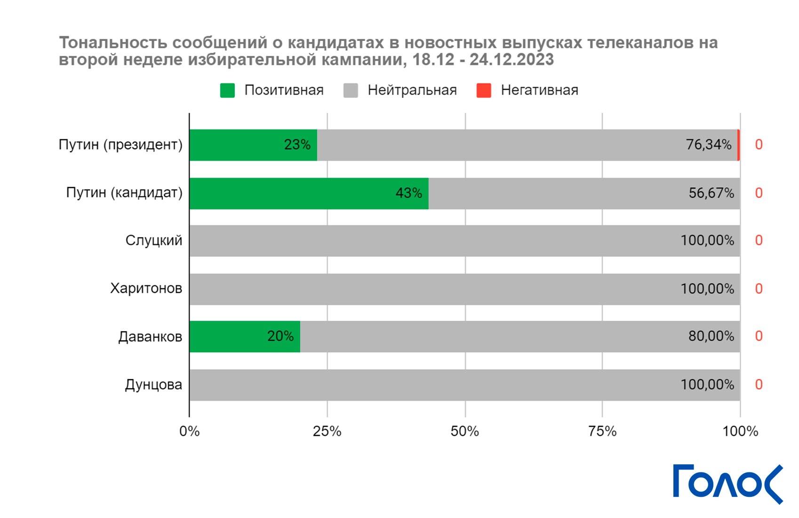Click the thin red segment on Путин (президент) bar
[x=738, y=145]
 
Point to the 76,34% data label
[x=708, y=145]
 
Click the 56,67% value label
[x=711, y=193]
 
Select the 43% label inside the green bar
[x=408, y=193]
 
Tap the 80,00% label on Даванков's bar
[x=711, y=336]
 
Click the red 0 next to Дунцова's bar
[x=759, y=385]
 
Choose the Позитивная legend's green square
[x=227, y=90]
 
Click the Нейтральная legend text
[x=412, y=90]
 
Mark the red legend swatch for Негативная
[x=484, y=90]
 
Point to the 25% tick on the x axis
[x=327, y=431]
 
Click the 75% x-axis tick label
[x=602, y=431]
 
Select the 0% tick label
[x=189, y=431]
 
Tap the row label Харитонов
[x=146, y=288]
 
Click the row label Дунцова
[x=153, y=385]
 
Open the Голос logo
[x=727, y=484]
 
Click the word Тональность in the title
[x=112, y=43]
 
